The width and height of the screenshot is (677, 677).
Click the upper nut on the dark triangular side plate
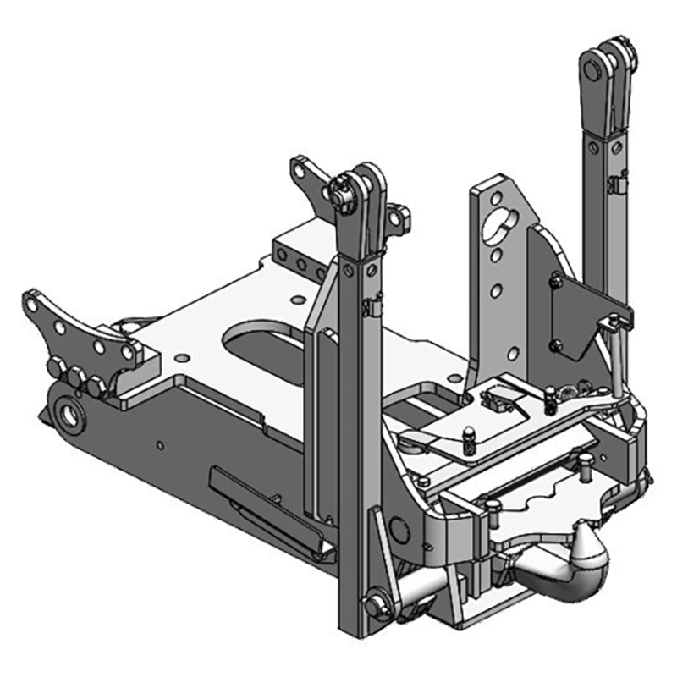[x=556, y=280]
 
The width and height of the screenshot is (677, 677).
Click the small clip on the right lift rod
[x=617, y=183]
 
